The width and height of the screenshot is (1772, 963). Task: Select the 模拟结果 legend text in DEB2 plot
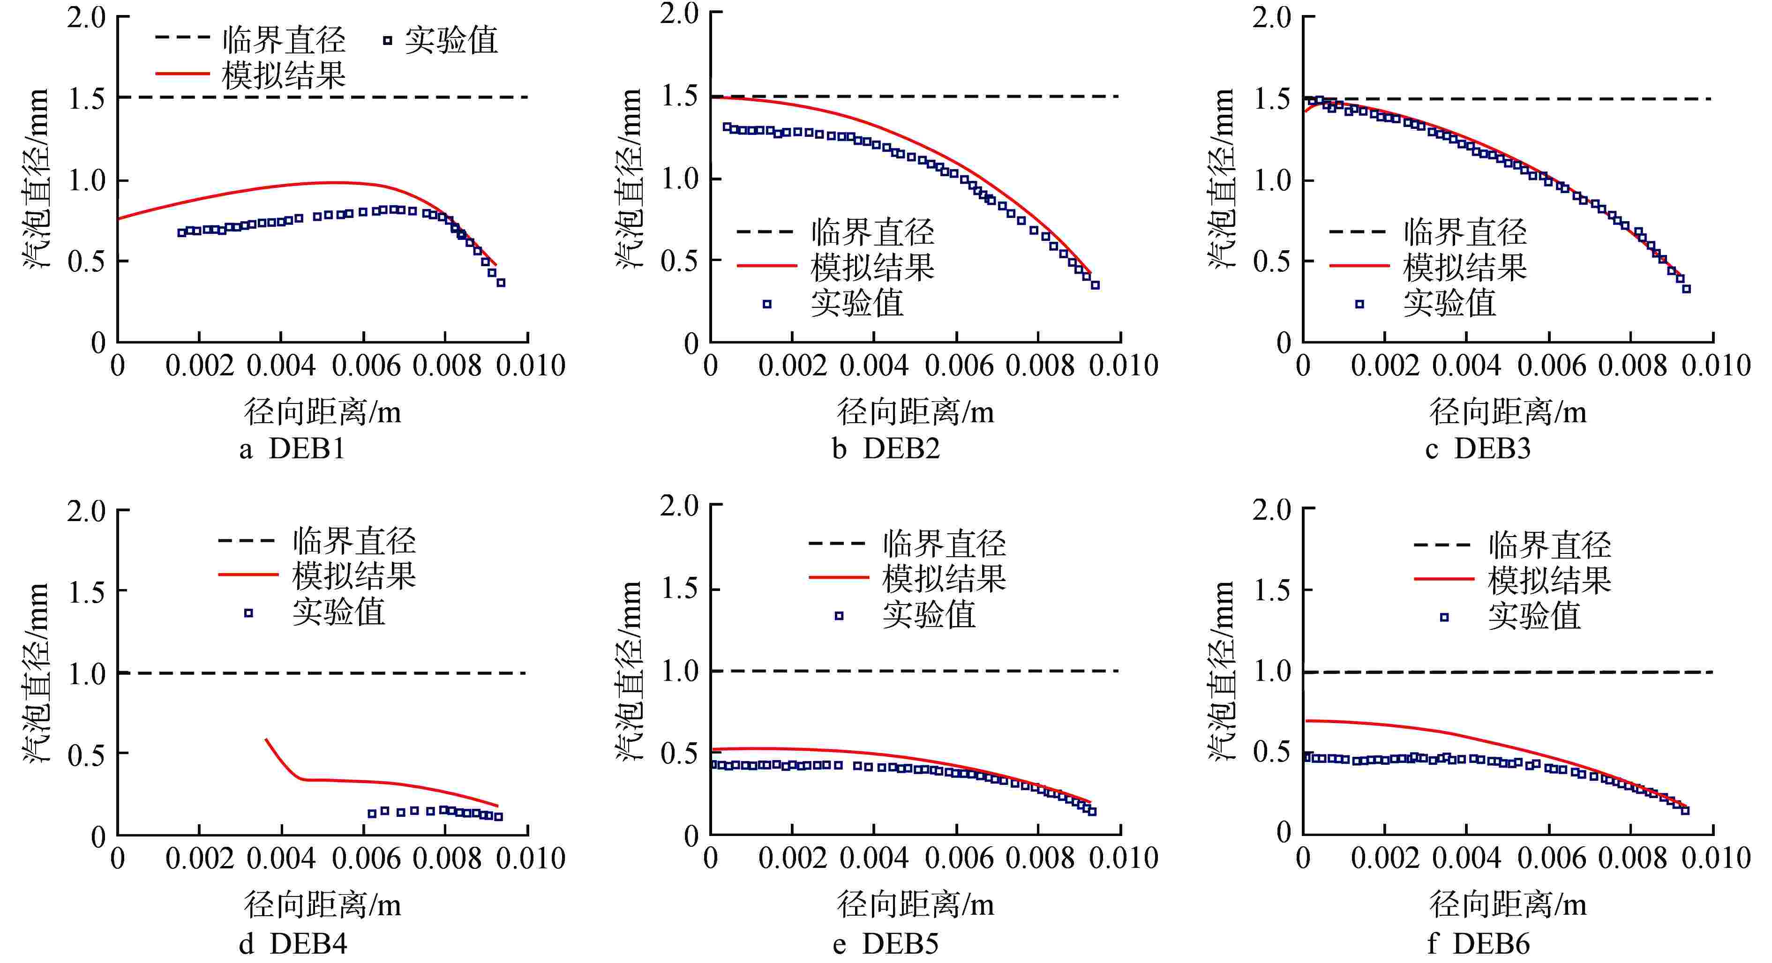coord(872,267)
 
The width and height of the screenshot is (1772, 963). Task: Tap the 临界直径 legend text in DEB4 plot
coord(354,541)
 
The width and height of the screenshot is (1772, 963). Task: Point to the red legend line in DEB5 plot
coord(839,578)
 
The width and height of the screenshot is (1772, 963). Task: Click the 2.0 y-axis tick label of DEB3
coord(1271,18)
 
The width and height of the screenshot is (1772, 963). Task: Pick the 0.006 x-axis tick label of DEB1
coord(365,365)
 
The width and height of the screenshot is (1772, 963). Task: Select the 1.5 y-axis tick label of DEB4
coord(87,591)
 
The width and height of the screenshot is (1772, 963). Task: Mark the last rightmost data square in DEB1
coord(501,283)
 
